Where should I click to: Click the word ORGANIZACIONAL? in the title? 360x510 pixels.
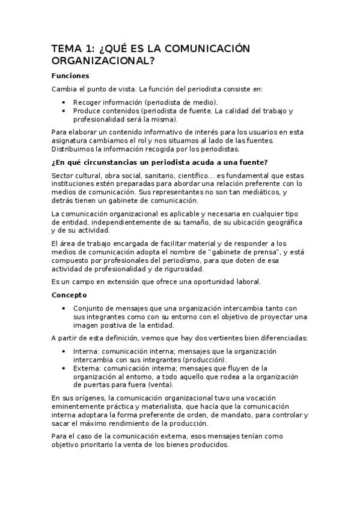pyautogui.click(x=99, y=61)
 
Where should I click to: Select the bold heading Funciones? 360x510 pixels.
pyautogui.click(x=70, y=76)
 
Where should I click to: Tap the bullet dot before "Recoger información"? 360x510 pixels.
pyautogui.click(x=64, y=102)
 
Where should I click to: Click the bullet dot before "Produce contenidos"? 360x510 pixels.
pyautogui.click(x=64, y=111)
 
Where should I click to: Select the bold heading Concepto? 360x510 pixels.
pyautogui.click(x=69, y=295)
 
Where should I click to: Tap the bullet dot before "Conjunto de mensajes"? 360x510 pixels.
pyautogui.click(x=64, y=308)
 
